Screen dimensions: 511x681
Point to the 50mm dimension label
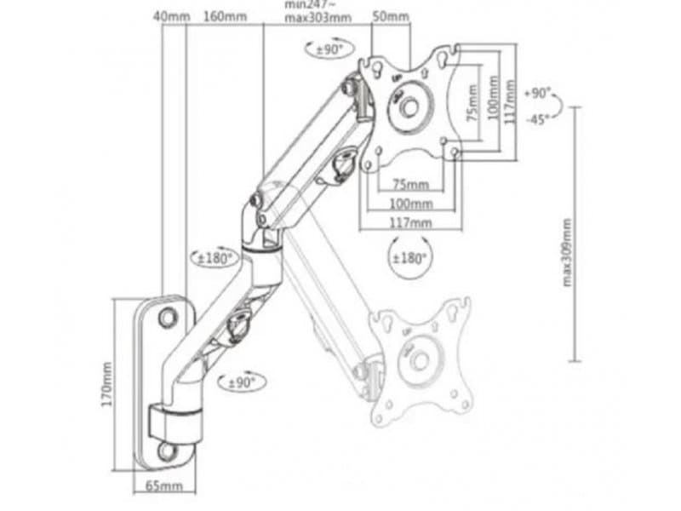tap(391, 16)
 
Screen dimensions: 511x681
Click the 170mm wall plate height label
tap(107, 383)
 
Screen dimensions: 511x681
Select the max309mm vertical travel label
tap(567, 252)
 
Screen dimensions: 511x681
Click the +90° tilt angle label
tap(538, 93)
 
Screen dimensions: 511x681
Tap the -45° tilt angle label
tap(536, 119)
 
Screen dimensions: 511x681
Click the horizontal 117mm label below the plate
tap(410, 223)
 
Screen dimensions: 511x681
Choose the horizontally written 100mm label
tap(410, 204)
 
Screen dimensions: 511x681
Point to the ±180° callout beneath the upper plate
tap(409, 256)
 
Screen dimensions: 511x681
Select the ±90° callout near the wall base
tap(240, 383)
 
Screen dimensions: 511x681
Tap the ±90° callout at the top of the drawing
tap(327, 49)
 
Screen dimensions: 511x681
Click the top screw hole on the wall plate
tap(168, 314)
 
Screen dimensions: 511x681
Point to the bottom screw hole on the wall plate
tap(165, 449)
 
